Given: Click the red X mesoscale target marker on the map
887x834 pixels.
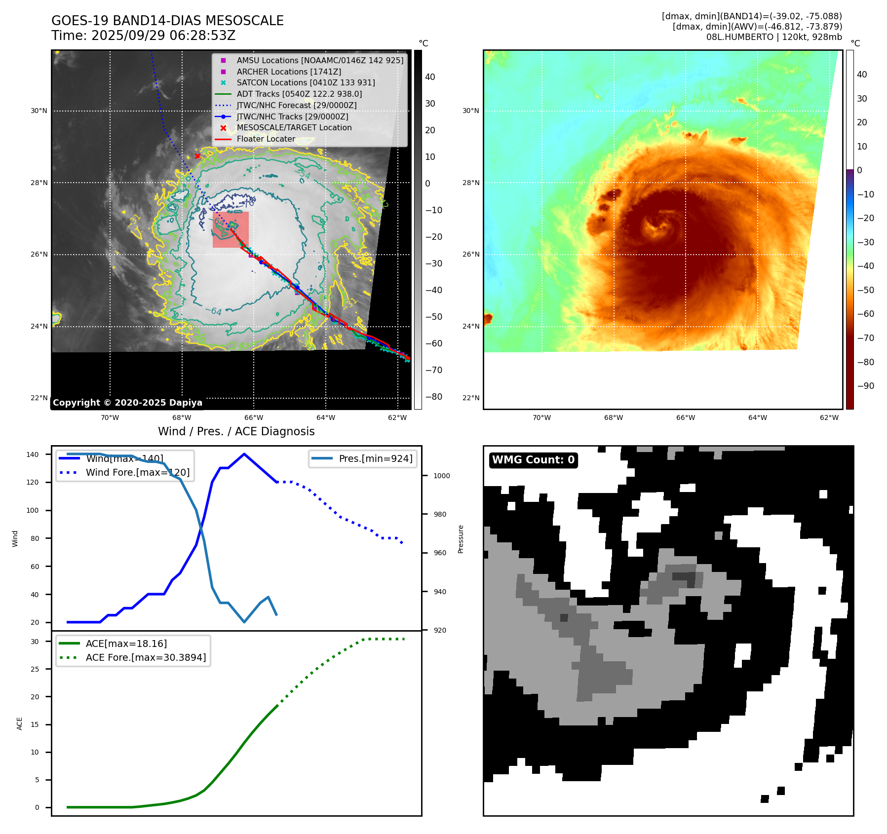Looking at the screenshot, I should tap(197, 156).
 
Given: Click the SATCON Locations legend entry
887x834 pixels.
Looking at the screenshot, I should tap(306, 82).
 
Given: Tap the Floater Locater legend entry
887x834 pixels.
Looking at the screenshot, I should tap(266, 139).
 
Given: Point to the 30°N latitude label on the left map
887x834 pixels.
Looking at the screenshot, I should tap(39, 111).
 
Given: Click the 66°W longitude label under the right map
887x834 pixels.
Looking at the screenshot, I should tap(685, 417).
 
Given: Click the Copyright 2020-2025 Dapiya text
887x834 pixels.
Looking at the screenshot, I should tap(127, 403).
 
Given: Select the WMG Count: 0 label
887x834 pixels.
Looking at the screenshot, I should tap(533, 460).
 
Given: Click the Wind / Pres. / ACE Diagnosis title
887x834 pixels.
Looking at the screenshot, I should tap(236, 431).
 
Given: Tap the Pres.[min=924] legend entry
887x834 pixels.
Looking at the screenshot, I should tap(375, 458).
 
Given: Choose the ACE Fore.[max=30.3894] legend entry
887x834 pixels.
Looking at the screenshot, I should tap(146, 657).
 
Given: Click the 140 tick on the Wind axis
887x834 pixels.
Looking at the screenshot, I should tap(33, 455).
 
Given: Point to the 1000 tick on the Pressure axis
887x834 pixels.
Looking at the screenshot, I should tap(441, 476).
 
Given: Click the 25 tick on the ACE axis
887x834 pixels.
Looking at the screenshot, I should tap(35, 669).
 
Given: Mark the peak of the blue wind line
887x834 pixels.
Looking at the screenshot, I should tap(244, 454).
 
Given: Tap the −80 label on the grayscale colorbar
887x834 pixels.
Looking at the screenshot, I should tap(434, 397).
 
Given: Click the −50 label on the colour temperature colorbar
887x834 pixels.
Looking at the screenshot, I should tap(865, 290).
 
